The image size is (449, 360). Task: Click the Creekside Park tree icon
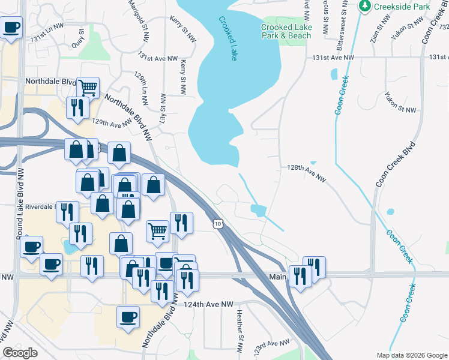point(364,6)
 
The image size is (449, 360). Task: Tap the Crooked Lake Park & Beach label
point(286,31)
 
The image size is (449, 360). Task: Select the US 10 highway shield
point(217,223)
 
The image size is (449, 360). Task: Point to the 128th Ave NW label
point(306,173)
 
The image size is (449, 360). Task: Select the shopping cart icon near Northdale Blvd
point(88,87)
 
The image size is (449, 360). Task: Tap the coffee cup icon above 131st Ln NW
point(11,27)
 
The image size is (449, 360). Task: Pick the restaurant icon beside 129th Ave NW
point(77,107)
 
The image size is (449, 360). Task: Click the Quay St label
point(77,40)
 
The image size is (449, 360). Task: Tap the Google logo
point(20,352)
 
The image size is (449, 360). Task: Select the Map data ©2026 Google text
point(411,355)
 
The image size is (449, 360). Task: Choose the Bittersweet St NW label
point(341,18)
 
